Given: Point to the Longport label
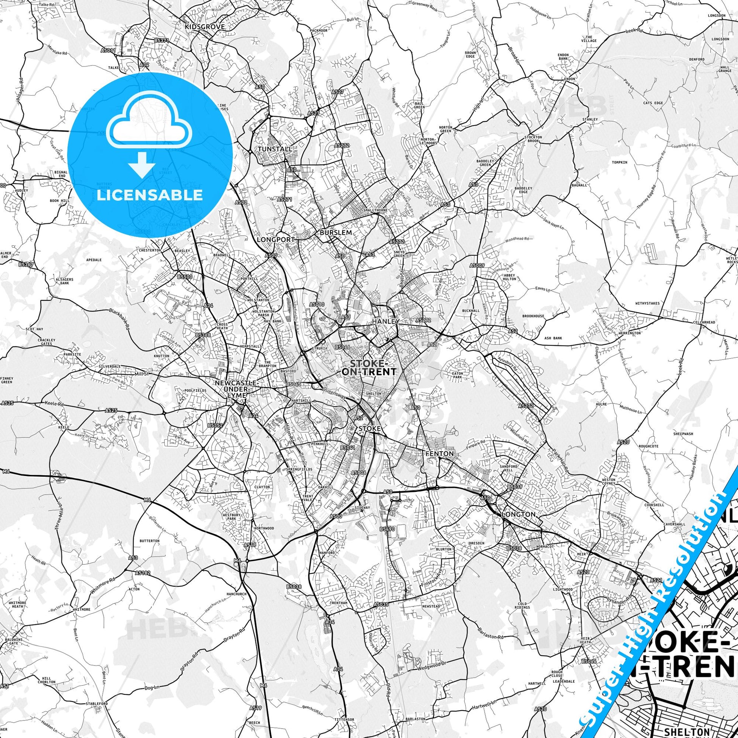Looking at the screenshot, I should coord(275,240).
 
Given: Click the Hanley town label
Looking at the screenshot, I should coord(385,322).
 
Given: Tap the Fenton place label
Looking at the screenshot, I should coord(440,454).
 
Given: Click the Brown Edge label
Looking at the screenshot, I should coord(470,55).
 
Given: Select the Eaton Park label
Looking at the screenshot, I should coord(457,375).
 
